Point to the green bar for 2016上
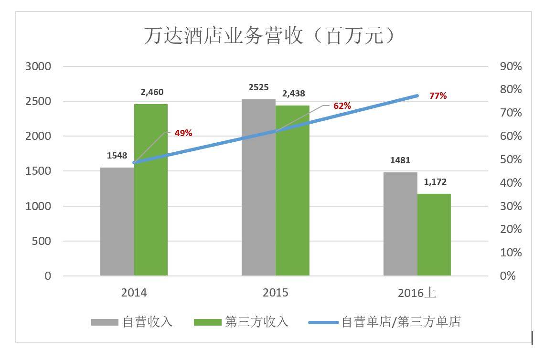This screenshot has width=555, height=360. (x=434, y=234)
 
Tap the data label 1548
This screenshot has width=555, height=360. (x=117, y=156)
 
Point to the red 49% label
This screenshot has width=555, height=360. (x=183, y=133)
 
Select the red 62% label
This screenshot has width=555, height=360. (x=342, y=106)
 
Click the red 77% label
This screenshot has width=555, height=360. (x=438, y=96)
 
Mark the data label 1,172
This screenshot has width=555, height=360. (x=435, y=182)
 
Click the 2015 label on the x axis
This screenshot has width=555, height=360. (x=276, y=293)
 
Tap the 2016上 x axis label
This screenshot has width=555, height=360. (x=417, y=293)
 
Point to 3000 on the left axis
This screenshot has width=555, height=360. (x=38, y=66)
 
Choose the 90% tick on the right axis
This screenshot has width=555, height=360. (x=511, y=66)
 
